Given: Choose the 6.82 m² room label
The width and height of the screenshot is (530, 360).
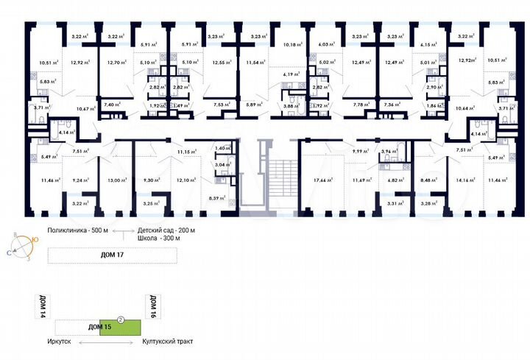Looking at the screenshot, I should click(396, 179).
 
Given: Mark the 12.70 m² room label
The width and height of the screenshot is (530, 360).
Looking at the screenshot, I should click(116, 63).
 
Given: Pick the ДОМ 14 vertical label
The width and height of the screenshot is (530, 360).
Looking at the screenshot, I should click(40, 305).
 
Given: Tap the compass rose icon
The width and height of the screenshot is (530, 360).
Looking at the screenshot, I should click(22, 245).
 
